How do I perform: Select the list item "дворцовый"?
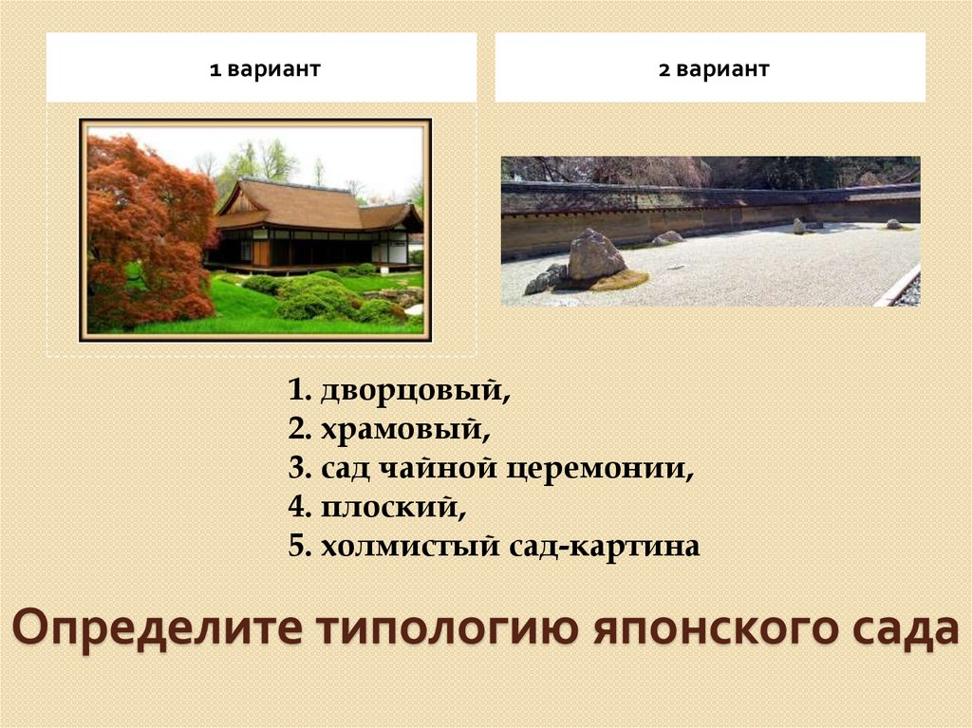[x=410, y=390]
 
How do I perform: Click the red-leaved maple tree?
[x=147, y=228]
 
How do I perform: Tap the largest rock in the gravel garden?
[x=594, y=255]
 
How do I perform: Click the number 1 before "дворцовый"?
[x=297, y=390]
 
